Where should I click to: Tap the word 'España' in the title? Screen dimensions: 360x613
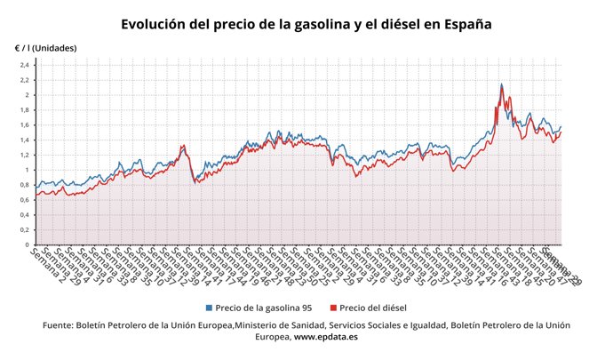pyautogui.click(x=463, y=23)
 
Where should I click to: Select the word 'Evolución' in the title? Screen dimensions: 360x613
pyautogui.click(x=156, y=23)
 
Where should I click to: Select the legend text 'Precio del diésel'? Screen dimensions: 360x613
pyautogui.click(x=374, y=307)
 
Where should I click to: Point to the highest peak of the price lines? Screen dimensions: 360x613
pyautogui.click(x=502, y=85)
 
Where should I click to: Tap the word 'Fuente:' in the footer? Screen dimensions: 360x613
pyautogui.click(x=61, y=325)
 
